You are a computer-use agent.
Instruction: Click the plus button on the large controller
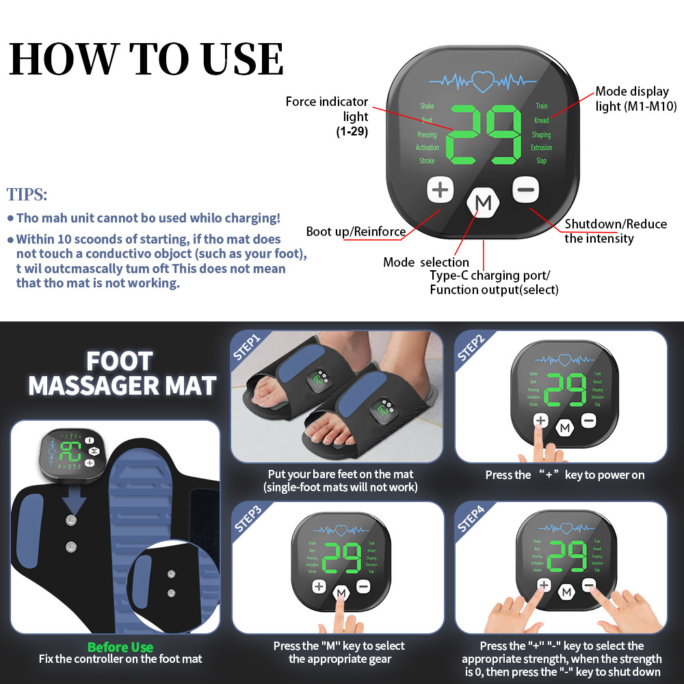coord(440,189)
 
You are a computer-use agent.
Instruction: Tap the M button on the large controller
coord(484,202)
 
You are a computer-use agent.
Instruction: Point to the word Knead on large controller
coord(541,120)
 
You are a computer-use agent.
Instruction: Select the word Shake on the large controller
coord(427,106)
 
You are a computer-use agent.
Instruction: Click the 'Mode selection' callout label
coord(426,262)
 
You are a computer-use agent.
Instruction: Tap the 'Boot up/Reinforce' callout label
coord(356,231)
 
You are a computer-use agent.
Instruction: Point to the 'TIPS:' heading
coord(27,194)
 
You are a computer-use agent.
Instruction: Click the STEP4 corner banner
coord(471,518)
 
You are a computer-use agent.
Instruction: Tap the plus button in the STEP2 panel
coord(541,421)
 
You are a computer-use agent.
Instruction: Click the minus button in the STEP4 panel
coord(588,585)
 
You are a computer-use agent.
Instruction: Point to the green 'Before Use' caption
coord(120,647)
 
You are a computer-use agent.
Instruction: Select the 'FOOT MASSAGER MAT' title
coord(122,373)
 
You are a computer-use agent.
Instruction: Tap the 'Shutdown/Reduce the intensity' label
coord(614,231)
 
